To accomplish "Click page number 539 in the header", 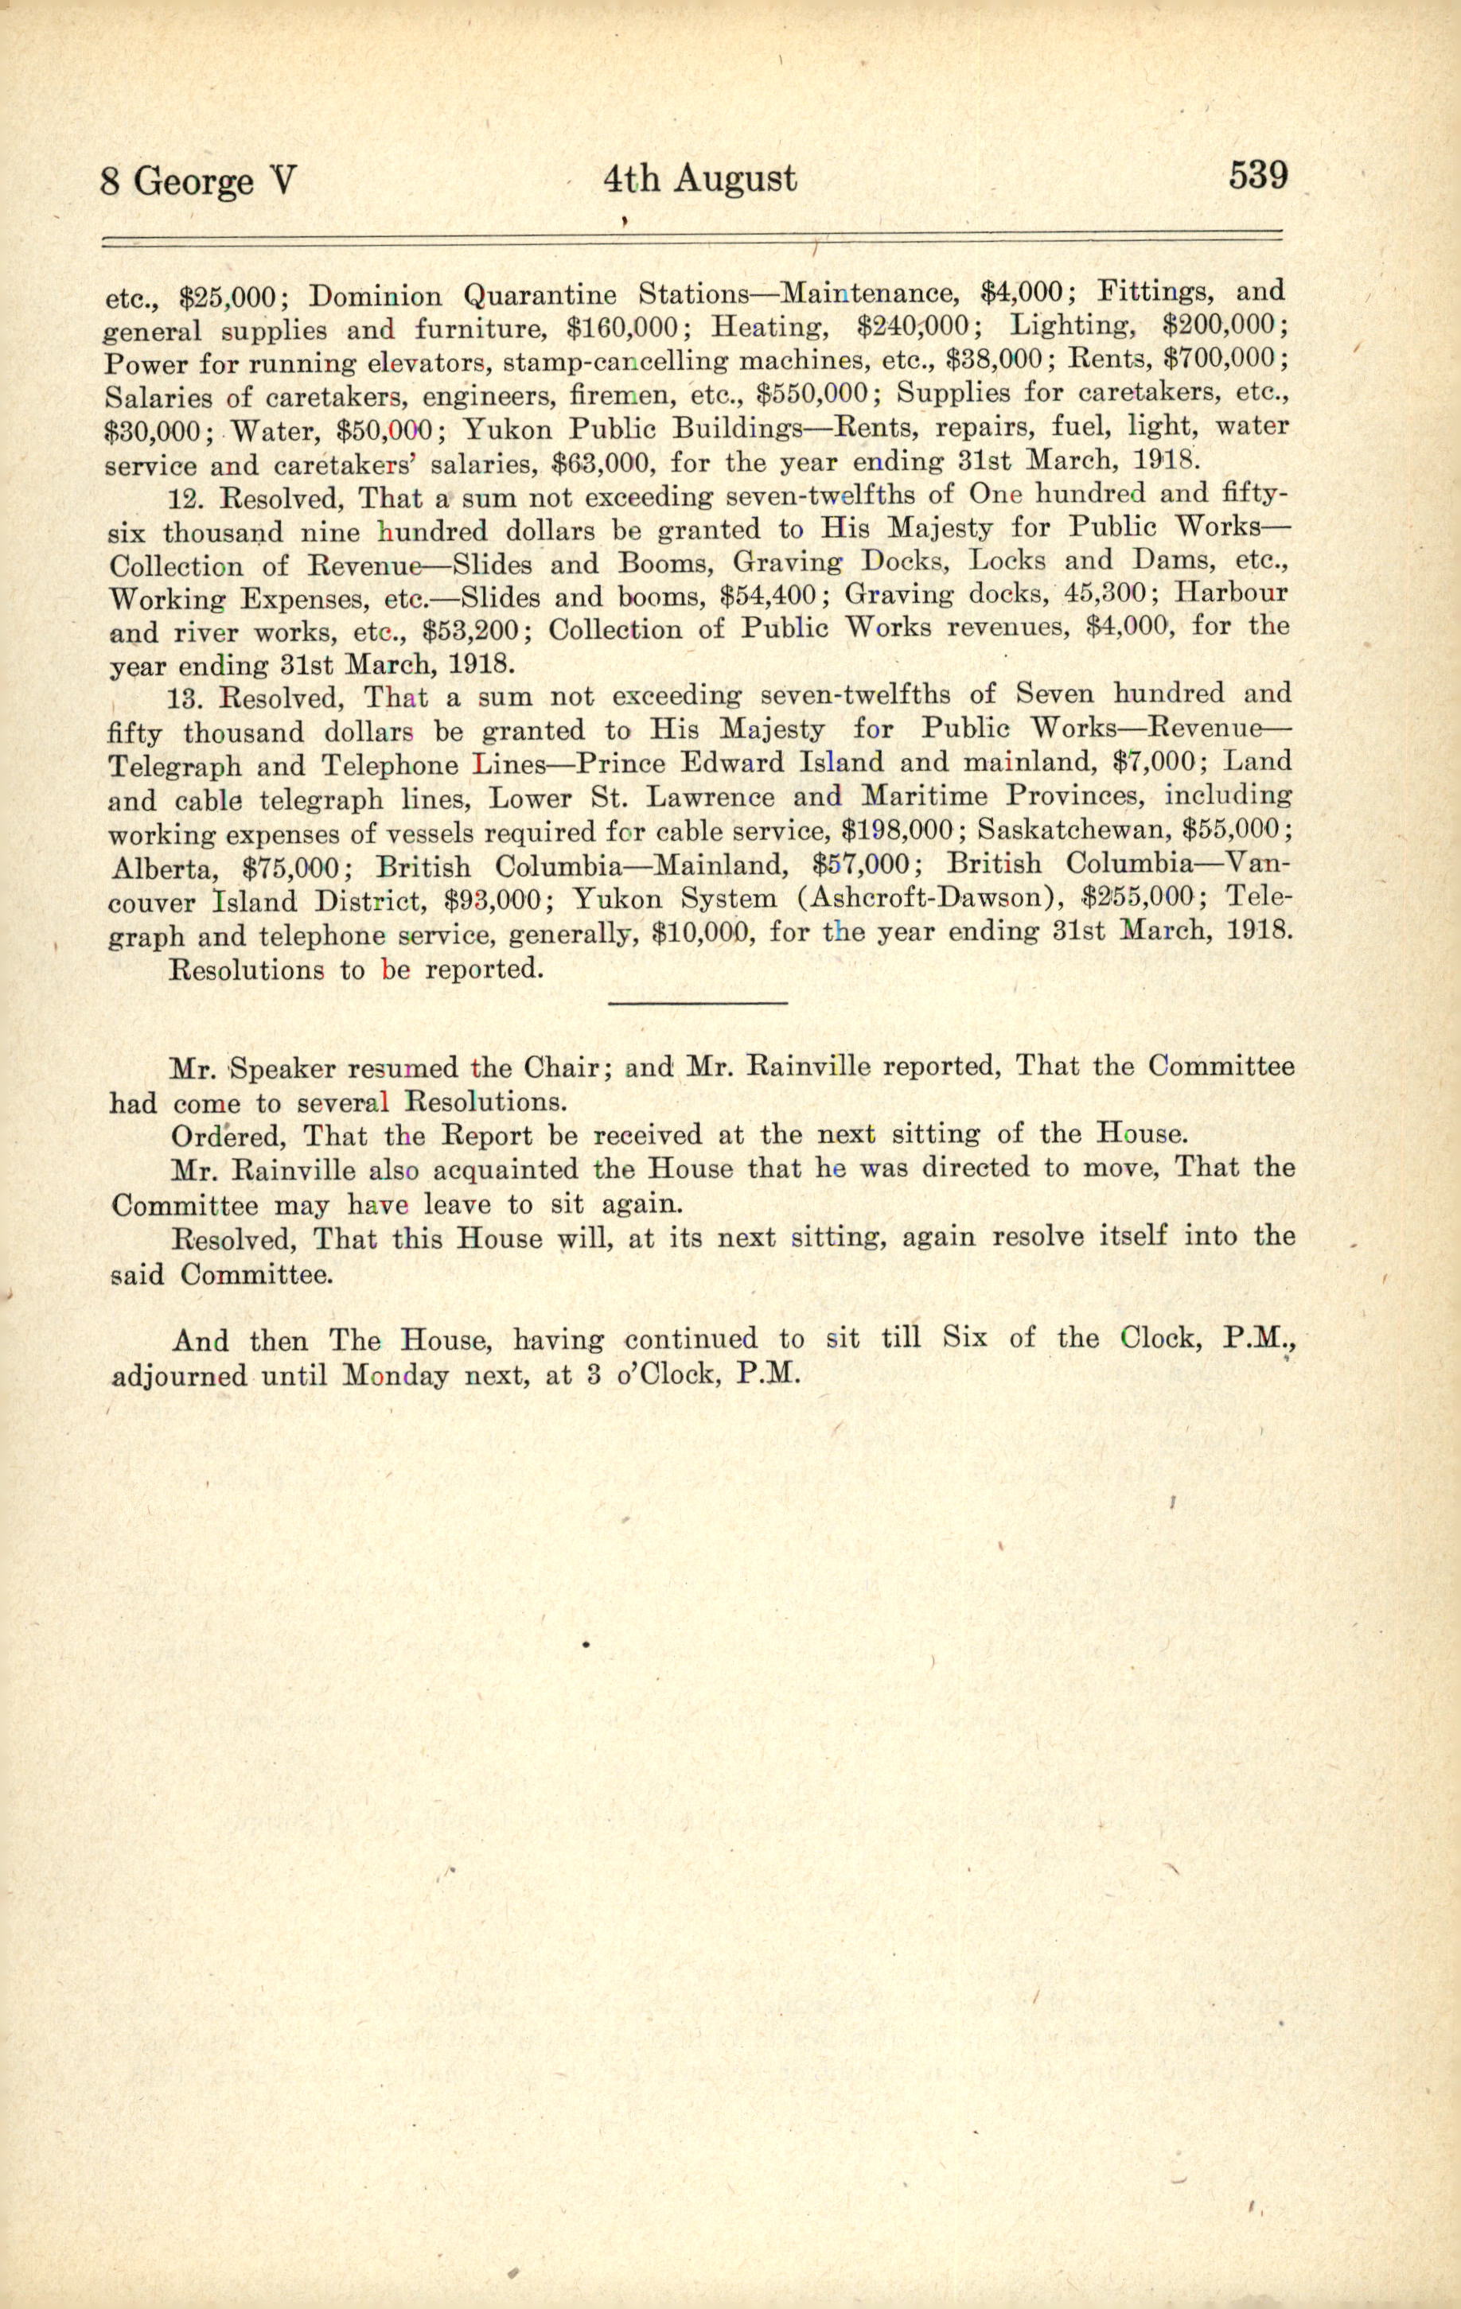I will [x=1256, y=177].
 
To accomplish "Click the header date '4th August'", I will [x=699, y=178].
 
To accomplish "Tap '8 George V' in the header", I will [x=200, y=181].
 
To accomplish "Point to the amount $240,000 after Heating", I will [x=919, y=327].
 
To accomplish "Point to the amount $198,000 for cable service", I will [x=896, y=830].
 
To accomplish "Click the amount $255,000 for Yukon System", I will [x=1138, y=899].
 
